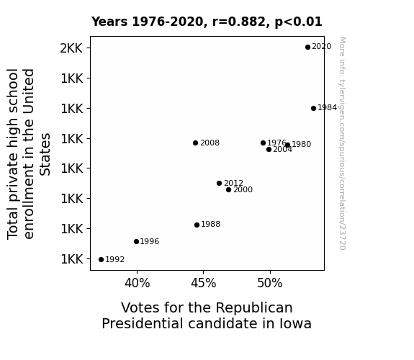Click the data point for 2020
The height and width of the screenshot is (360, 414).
(x=307, y=48)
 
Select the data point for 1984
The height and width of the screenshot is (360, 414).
(x=313, y=108)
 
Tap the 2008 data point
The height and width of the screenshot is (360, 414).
(x=195, y=143)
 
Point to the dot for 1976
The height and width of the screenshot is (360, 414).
(x=263, y=143)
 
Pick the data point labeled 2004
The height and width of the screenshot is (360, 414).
(x=269, y=150)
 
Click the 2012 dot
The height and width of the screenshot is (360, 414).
(x=219, y=184)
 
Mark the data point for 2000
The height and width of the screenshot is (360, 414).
(x=229, y=190)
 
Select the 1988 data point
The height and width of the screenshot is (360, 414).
(x=197, y=225)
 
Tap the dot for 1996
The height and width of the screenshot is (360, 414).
(x=136, y=242)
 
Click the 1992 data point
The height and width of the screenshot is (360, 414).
(x=101, y=260)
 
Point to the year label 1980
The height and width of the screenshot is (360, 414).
(x=301, y=144)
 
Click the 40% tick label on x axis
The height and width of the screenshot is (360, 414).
(x=138, y=284)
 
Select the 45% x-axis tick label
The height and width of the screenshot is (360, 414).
(x=204, y=284)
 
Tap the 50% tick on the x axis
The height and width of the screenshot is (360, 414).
(x=270, y=284)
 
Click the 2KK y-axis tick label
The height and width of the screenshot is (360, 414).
(x=71, y=48)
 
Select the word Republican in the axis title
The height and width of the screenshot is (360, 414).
(x=254, y=308)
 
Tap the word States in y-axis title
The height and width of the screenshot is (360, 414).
(x=45, y=155)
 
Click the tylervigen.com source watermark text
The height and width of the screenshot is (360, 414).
(x=342, y=143)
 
